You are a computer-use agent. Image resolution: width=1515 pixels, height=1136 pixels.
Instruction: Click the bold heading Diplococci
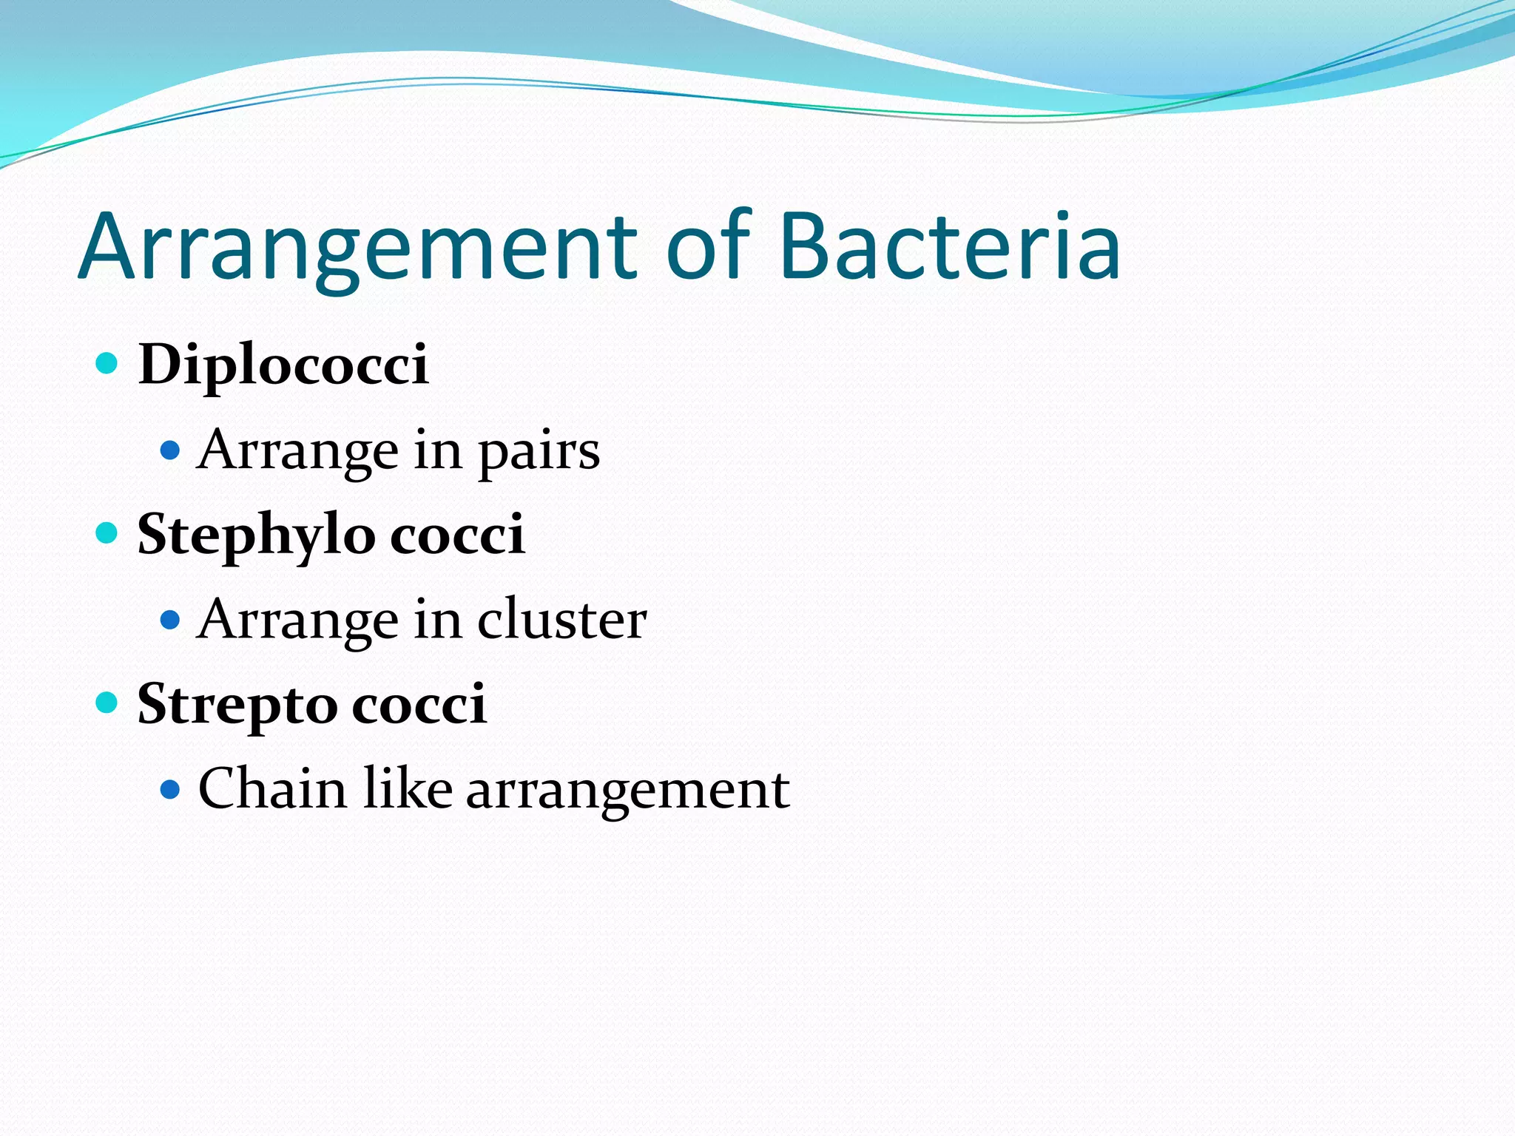pyautogui.click(x=283, y=365)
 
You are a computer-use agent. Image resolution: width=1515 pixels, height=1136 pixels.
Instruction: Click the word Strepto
pyautogui.click(x=237, y=705)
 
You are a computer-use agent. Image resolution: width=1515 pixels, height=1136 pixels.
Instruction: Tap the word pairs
pyautogui.click(x=539, y=451)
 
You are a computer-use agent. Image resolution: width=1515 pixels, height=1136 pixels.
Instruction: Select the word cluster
pyautogui.click(x=562, y=620)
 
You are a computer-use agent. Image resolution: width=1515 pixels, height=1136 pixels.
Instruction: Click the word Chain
pyautogui.click(x=273, y=788)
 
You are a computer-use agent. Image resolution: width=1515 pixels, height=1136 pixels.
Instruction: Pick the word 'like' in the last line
pyautogui.click(x=408, y=788)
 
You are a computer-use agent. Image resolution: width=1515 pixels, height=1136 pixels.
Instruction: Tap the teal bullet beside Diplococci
pyautogui.click(x=107, y=363)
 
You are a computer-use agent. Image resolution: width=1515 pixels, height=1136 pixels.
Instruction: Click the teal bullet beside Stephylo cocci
pyautogui.click(x=107, y=532)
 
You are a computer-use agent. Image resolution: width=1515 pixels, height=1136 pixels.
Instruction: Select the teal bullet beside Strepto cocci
pyautogui.click(x=107, y=702)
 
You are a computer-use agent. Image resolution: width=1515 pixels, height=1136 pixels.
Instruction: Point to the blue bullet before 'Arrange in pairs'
pyautogui.click(x=170, y=450)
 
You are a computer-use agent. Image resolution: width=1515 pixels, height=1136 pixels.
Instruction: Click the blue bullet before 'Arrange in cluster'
pyautogui.click(x=170, y=619)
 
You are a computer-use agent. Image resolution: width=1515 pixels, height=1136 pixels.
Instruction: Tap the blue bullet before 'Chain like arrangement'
pyautogui.click(x=170, y=789)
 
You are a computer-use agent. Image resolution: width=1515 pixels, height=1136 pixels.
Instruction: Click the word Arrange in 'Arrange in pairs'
pyautogui.click(x=298, y=451)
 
